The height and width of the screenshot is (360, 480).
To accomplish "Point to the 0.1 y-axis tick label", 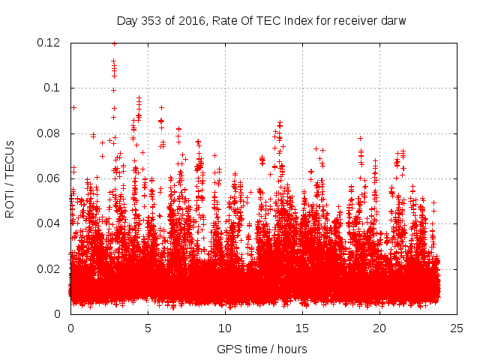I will (54, 88).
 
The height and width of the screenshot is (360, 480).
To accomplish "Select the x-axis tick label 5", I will (148, 328).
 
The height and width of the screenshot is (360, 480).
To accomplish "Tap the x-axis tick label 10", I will (225, 328).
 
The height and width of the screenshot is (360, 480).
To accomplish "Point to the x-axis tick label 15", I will (302, 328).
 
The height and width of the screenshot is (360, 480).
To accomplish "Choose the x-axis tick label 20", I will (379, 328).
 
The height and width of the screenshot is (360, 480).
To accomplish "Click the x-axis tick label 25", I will (457, 328).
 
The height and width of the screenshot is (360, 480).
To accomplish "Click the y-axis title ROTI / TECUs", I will (10, 178).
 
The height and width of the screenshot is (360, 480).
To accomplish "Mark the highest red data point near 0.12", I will (114, 43).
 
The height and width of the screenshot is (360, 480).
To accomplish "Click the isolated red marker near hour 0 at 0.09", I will (73, 107).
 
